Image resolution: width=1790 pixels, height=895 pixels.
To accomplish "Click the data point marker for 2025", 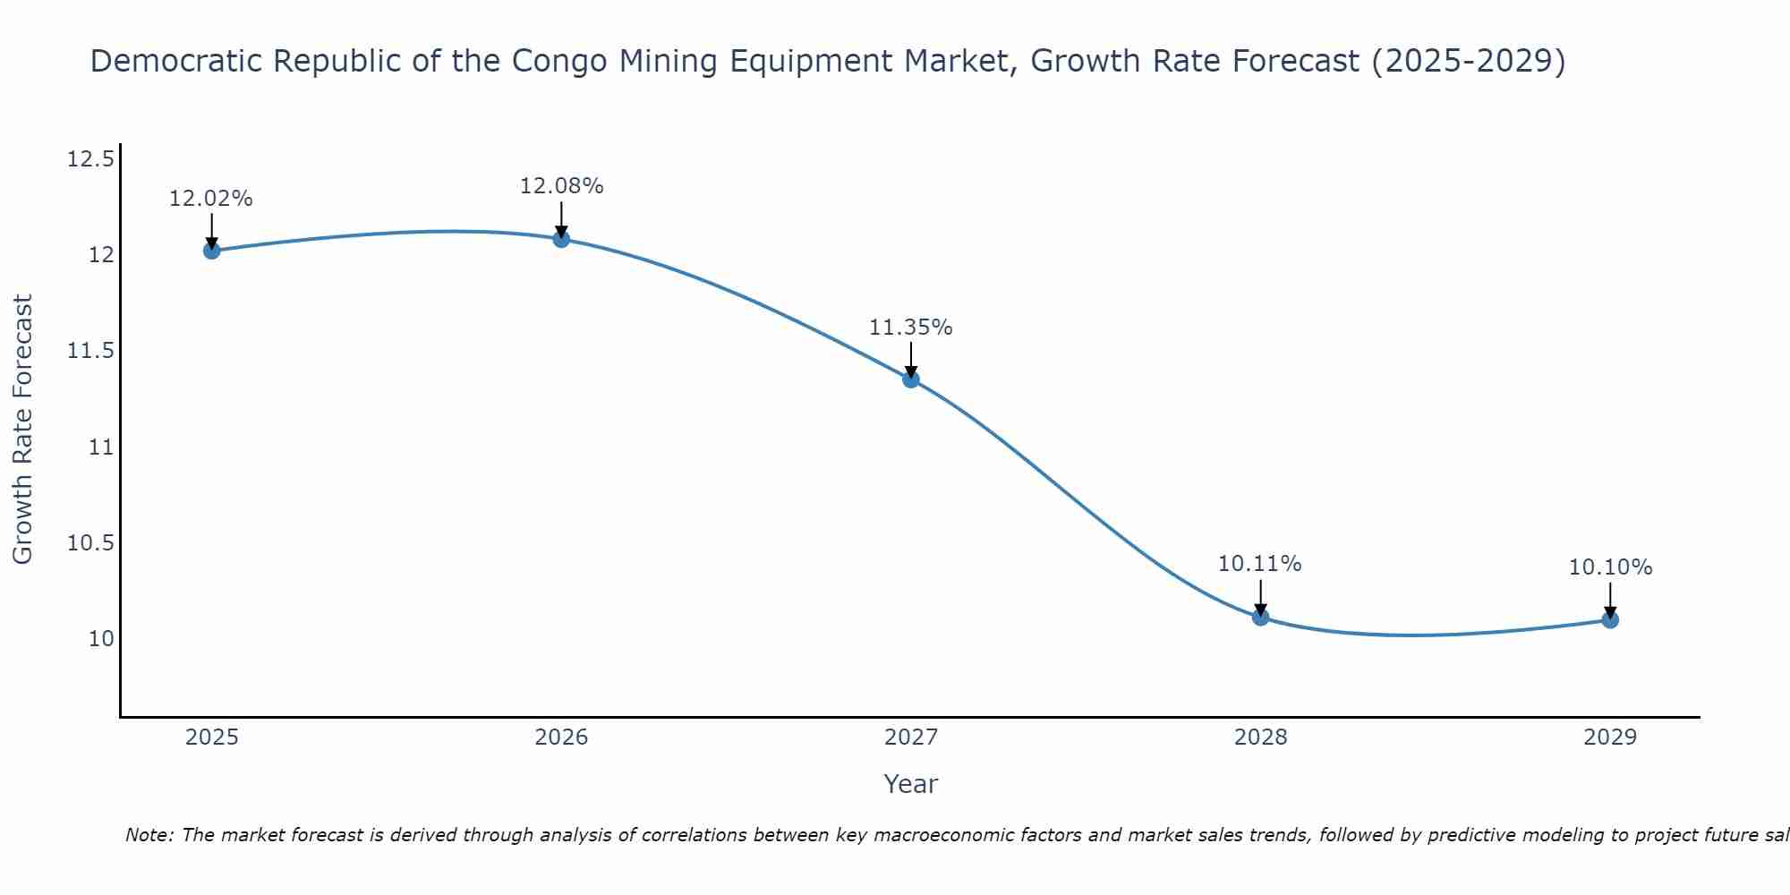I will [211, 251].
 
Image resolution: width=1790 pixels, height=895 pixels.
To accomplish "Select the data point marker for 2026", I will [561, 239].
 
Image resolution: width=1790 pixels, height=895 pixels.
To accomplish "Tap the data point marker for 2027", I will [911, 379].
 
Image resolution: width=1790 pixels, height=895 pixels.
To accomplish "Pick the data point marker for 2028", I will [1260, 617].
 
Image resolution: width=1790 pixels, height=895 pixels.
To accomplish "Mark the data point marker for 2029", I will [1610, 619].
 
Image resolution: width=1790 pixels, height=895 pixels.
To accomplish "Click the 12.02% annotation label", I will [211, 199].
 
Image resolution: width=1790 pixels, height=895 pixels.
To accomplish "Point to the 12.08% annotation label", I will [561, 186].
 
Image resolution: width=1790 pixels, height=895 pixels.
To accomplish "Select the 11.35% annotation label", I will [911, 328].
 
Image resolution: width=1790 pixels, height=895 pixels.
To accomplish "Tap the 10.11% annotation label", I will [1260, 564].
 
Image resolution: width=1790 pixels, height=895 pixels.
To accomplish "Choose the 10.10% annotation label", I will [1610, 567].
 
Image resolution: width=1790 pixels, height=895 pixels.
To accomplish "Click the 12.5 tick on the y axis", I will [91, 160].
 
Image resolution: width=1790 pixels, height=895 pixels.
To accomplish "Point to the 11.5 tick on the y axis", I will [91, 351].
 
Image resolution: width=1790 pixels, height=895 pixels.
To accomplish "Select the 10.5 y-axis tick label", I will [91, 543].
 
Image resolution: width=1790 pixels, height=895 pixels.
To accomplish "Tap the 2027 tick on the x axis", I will [911, 737].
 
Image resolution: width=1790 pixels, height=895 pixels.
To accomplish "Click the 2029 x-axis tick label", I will [1610, 737].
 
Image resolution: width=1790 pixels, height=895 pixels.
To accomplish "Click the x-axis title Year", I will [911, 784].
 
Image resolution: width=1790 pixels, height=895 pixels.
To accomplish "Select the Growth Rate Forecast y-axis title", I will [23, 430].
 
